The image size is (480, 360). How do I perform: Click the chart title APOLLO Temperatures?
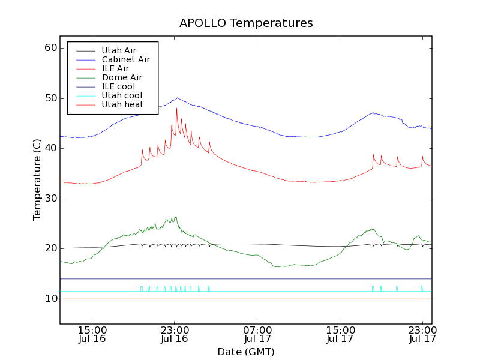pyautogui.click(x=246, y=23)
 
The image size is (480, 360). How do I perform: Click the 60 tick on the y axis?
pyautogui.click(x=50, y=48)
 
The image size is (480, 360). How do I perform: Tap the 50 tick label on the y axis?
pyautogui.click(x=50, y=98)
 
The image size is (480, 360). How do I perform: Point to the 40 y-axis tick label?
pyautogui.click(x=50, y=148)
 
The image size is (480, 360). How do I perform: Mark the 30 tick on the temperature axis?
pyautogui.click(x=50, y=199)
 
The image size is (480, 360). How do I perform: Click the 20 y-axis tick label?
pyautogui.click(x=50, y=248)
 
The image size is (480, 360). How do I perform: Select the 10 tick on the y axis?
pyautogui.click(x=50, y=299)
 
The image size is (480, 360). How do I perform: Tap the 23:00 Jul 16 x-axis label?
pyautogui.click(x=175, y=334)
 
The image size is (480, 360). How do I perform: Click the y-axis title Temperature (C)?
pyautogui.click(x=37, y=180)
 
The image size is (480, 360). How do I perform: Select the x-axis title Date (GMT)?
pyautogui.click(x=246, y=352)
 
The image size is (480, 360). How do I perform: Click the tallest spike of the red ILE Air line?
pyautogui.click(x=176, y=108)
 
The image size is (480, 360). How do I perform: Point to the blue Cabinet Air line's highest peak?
pyautogui.click(x=177, y=98)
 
